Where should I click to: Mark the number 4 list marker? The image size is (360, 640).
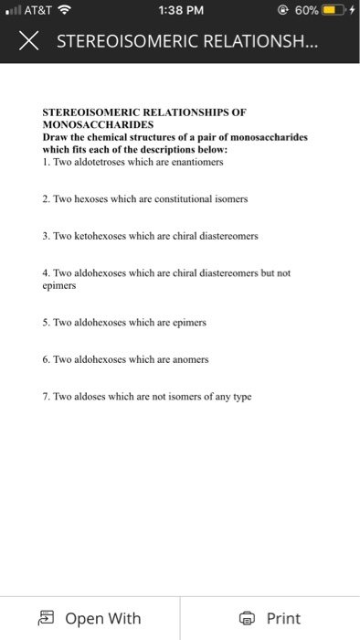[x=46, y=272]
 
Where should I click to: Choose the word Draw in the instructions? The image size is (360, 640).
[x=56, y=136]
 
